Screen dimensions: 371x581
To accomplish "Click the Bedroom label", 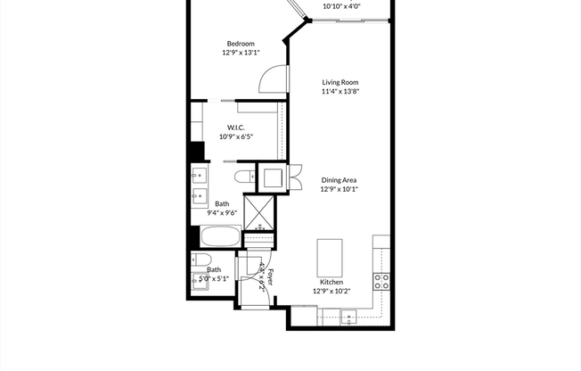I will pyautogui.click(x=241, y=44).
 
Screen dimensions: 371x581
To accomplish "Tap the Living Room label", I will pyautogui.click(x=340, y=82).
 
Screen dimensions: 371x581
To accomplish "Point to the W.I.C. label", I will pyautogui.click(x=236, y=127).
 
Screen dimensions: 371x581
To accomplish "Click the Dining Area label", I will pyautogui.click(x=339, y=179).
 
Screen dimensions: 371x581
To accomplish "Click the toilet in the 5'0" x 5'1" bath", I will pyautogui.click(x=200, y=260).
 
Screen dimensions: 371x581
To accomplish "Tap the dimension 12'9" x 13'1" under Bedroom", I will pyautogui.click(x=241, y=54).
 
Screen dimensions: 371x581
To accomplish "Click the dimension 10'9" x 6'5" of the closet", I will pyautogui.click(x=236, y=136).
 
